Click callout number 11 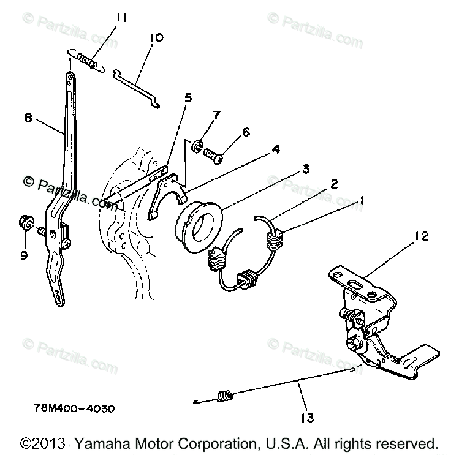click(120, 19)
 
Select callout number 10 click(156, 38)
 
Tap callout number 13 click(306, 418)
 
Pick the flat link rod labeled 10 click(137, 83)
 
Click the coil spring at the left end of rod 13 click(225, 397)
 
